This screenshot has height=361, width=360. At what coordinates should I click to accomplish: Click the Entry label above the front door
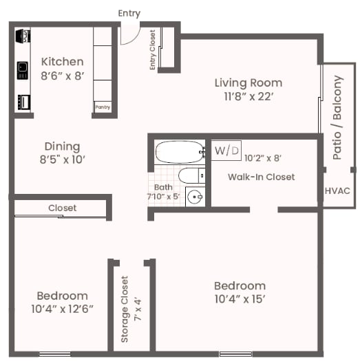(x=129, y=13)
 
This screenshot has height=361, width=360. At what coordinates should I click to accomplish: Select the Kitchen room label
(x=62, y=62)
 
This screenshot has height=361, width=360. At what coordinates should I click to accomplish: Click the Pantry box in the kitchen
(x=103, y=107)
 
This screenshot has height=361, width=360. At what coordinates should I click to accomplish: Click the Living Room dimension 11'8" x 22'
(x=248, y=96)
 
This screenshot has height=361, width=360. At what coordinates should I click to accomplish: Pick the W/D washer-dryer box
(x=226, y=150)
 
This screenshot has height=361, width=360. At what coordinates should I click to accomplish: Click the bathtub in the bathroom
(x=179, y=152)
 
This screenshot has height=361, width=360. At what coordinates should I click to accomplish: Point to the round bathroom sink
(x=195, y=197)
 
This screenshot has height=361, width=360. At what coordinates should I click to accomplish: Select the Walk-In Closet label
(x=261, y=177)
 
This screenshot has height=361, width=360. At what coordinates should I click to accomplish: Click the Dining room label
(x=62, y=146)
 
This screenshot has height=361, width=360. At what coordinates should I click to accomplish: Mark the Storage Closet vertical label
(x=125, y=309)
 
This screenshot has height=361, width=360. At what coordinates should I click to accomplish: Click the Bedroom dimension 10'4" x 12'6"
(x=62, y=309)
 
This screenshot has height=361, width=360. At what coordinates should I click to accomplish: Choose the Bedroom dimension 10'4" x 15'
(x=240, y=299)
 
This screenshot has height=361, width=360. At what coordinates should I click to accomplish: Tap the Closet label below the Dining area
(x=62, y=208)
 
